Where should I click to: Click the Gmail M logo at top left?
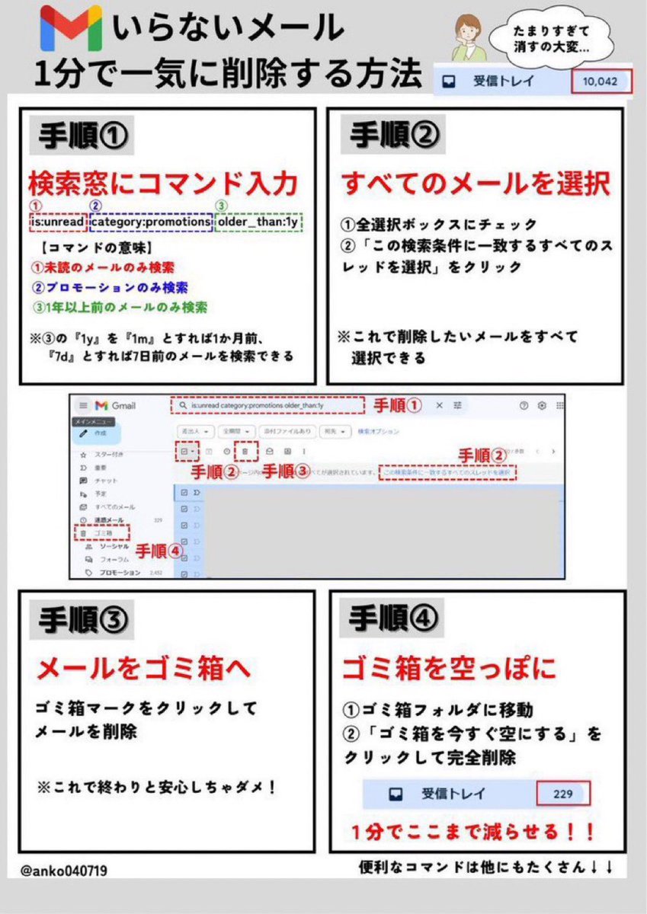(x=70, y=27)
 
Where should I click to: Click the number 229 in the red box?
(x=563, y=794)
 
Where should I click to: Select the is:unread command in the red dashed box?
(x=58, y=223)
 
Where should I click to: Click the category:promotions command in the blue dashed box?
(x=151, y=223)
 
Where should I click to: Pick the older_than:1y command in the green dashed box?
(x=259, y=223)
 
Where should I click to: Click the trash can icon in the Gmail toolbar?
(x=245, y=452)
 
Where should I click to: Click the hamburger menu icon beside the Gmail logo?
(x=83, y=406)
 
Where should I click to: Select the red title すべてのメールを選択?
(x=476, y=184)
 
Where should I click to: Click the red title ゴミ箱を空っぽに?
(x=449, y=668)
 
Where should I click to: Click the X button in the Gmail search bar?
(x=439, y=406)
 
